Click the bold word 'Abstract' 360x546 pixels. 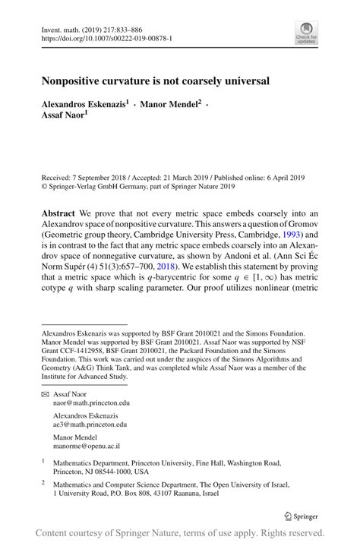(x=59, y=213)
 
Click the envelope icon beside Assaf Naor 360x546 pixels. (x=43, y=395)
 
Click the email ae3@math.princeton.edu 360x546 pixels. (x=90, y=425)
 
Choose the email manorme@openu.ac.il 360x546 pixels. (x=85, y=447)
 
